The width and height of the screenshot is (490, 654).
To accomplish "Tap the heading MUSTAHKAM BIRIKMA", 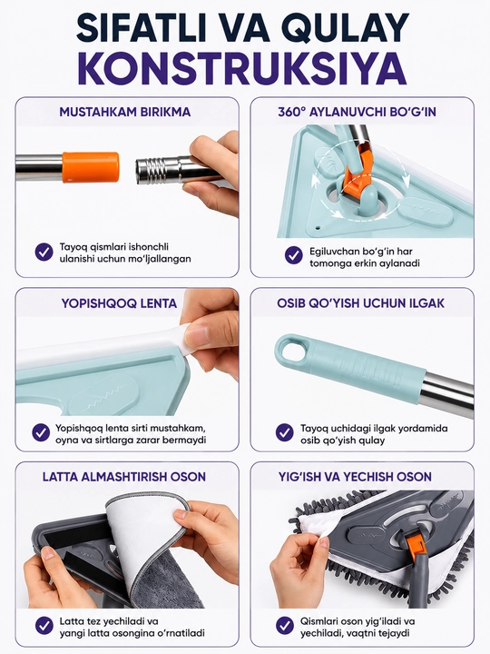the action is coord(125,112).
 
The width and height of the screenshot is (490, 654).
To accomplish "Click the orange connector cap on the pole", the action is coord(91,167).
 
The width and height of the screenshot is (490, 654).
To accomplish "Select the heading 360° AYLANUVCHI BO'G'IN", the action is coord(357,112).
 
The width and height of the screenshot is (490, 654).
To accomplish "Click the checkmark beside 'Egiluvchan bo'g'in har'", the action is coord(294,255).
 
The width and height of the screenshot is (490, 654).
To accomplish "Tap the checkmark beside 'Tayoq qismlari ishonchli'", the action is coord(44,252).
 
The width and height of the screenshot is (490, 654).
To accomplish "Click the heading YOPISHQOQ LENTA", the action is coord(119,303).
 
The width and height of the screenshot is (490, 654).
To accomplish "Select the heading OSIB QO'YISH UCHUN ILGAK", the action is coord(360,303).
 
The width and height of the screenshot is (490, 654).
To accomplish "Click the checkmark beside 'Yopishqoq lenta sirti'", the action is coord(41,432).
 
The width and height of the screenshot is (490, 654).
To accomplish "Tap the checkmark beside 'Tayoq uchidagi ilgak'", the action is coord(285,432).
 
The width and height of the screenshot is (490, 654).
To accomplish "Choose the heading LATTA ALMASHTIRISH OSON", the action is coord(124,477).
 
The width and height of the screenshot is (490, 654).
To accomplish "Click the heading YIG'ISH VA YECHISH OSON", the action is coord(355,477).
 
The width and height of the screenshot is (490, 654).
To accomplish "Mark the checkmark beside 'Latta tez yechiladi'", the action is coord(44,626).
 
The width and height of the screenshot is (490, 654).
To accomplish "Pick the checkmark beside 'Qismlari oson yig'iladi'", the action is coord(285,626).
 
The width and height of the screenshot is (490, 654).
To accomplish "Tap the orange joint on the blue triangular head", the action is coord(358,173).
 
